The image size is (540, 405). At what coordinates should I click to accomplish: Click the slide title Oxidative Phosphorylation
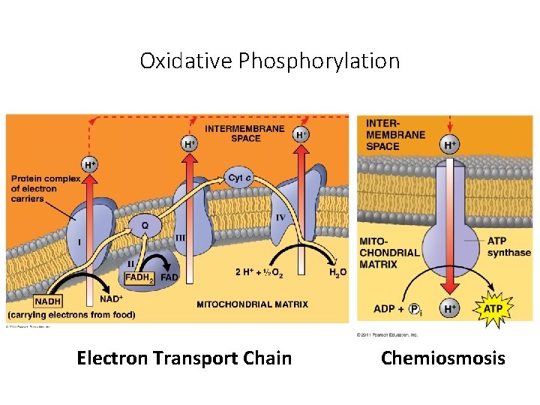pyautogui.click(x=270, y=60)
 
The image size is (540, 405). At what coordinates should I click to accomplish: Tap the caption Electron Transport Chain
pyautogui.click(x=184, y=358)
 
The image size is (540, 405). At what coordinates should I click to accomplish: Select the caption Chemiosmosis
pyautogui.click(x=442, y=358)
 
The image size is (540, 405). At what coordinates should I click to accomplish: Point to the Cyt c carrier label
pyautogui.click(x=239, y=178)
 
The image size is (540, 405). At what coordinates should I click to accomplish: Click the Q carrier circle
pyautogui.click(x=144, y=224)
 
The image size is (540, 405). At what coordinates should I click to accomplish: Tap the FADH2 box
pyautogui.click(x=139, y=277)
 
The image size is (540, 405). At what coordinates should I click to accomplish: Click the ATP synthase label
pyautogui.click(x=508, y=247)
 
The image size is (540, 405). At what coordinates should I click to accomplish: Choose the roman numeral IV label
pyautogui.click(x=280, y=217)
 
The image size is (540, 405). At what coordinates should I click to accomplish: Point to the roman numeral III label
pyautogui.click(x=180, y=238)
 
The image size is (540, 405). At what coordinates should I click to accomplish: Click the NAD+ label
pyautogui.click(x=111, y=299)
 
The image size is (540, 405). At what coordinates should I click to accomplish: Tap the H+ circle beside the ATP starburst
pyautogui.click(x=450, y=309)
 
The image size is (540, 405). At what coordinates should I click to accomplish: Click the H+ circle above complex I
pyautogui.click(x=89, y=164)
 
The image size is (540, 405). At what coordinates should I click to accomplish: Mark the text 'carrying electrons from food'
pyautogui.click(x=72, y=314)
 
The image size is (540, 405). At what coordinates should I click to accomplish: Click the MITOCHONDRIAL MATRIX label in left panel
pyautogui.click(x=252, y=304)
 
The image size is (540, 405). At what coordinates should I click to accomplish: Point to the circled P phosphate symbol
pyautogui.click(x=413, y=309)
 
